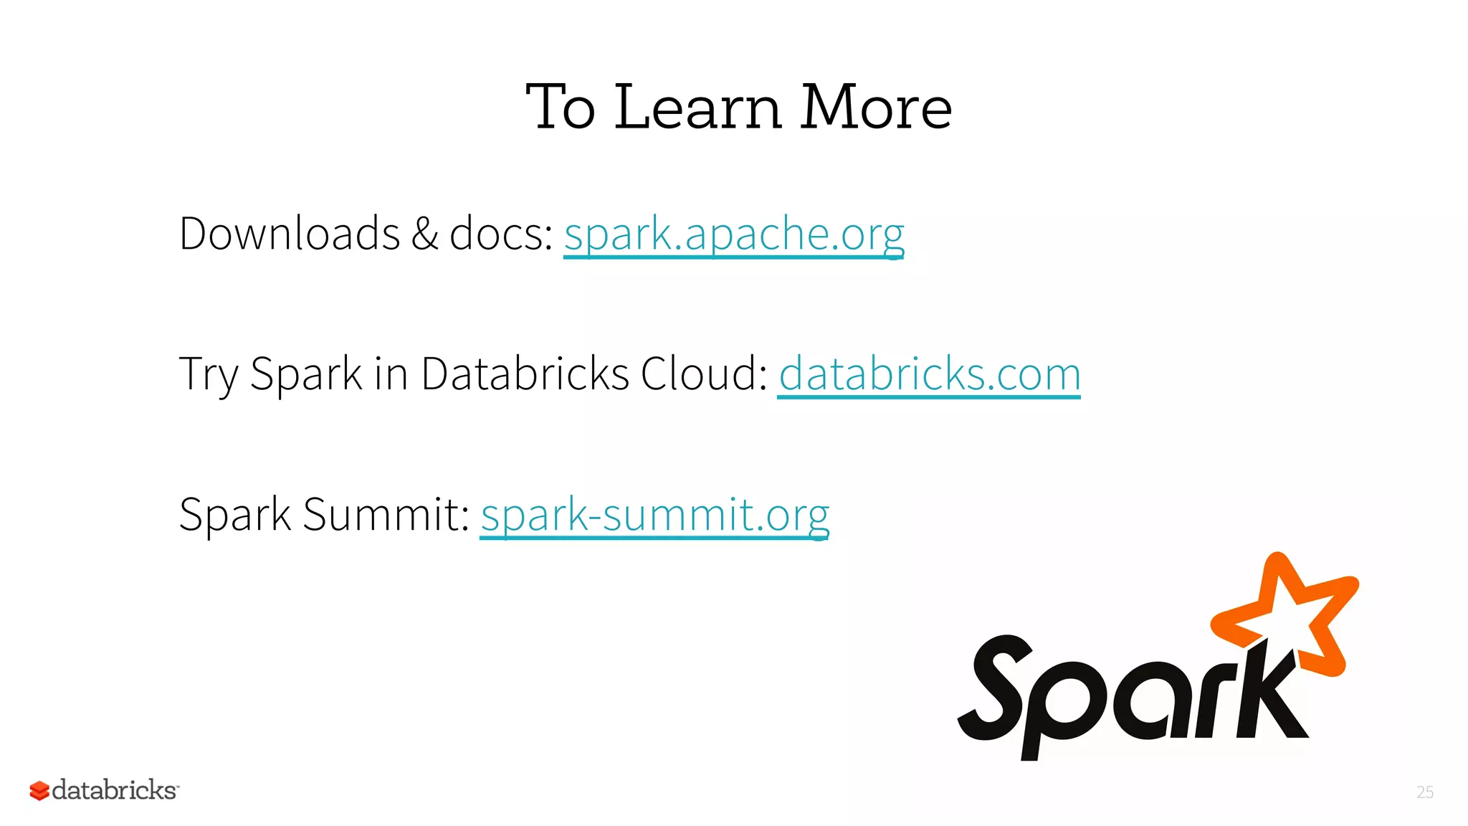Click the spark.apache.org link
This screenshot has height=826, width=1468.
[x=733, y=234]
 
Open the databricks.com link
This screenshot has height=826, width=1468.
[x=929, y=374]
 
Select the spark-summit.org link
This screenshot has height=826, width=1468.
[x=654, y=515]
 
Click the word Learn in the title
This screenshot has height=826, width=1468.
[x=697, y=108]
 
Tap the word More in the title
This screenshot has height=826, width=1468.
[x=876, y=108]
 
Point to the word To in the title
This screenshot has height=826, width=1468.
[x=561, y=108]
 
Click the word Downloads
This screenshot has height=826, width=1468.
[x=290, y=234]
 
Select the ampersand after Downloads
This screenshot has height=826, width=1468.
[x=424, y=234]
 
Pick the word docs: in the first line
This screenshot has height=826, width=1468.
[x=501, y=234]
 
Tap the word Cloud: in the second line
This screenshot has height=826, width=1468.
[x=704, y=374]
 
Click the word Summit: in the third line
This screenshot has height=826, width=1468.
[x=386, y=515]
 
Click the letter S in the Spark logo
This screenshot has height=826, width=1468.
[x=996, y=688]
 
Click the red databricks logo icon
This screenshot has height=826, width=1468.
[x=39, y=791]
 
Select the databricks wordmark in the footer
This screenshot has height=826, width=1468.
[x=115, y=790]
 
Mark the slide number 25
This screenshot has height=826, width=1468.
[x=1425, y=792]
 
